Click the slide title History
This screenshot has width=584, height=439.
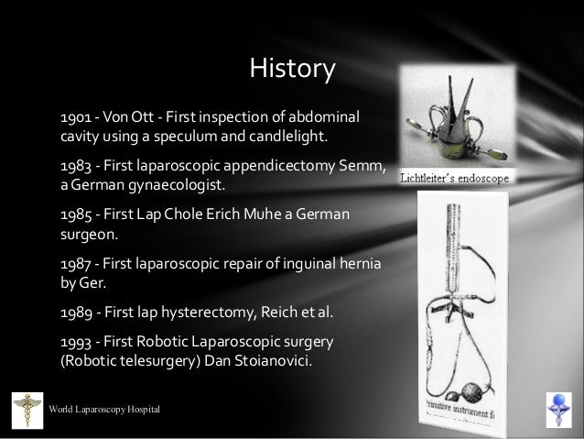tap(293, 68)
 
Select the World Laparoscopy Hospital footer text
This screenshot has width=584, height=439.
tap(105, 407)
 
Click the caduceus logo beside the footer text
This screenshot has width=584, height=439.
tap(27, 408)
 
